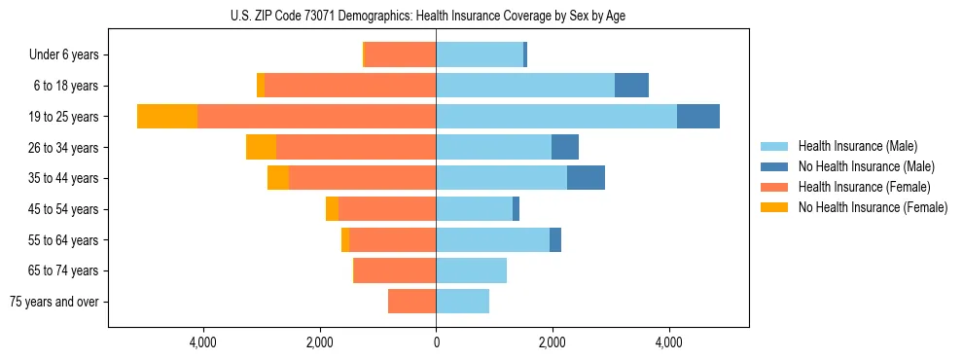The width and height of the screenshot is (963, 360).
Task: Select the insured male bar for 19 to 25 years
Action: point(556,117)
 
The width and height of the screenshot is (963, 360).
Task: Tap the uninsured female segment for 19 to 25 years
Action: point(167,117)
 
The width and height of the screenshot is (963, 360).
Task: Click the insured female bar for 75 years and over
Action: point(411,302)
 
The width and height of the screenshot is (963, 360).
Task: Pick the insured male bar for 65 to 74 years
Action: point(471,270)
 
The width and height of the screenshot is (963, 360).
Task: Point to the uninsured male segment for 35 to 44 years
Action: point(586,178)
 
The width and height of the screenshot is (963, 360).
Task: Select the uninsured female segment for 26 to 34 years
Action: point(261,147)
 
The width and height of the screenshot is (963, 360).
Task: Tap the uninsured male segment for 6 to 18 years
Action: point(631,86)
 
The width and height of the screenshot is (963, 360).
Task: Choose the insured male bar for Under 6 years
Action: point(480,54)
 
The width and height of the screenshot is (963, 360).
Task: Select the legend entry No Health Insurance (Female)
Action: point(873,207)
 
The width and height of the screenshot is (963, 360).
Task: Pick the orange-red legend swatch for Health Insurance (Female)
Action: point(775,187)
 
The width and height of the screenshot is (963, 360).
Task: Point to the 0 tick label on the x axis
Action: point(436,342)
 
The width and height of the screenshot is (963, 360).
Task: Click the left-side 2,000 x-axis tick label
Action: point(320,342)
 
